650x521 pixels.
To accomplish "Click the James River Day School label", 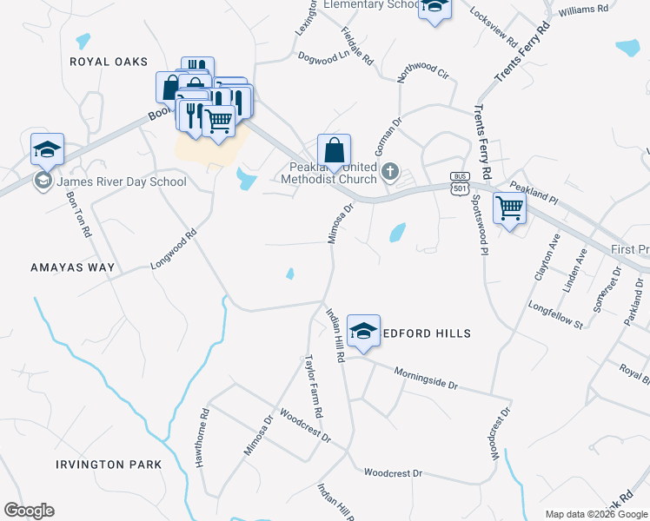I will tap(120, 181).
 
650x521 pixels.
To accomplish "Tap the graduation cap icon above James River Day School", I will tap(47, 149).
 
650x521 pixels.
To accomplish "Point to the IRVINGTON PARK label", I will tap(109, 465).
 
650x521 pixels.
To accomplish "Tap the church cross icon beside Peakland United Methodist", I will tap(390, 172).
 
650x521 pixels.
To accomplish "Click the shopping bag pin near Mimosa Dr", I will tap(334, 151).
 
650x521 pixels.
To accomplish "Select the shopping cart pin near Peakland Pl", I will tap(509, 208).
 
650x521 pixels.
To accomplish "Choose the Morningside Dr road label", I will tap(426, 377).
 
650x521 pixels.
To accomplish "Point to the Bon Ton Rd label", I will tap(77, 214).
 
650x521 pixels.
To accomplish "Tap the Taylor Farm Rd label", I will tap(314, 385).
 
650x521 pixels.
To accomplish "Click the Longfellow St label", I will tap(554, 314).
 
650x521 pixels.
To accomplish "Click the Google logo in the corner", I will tap(29, 511).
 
